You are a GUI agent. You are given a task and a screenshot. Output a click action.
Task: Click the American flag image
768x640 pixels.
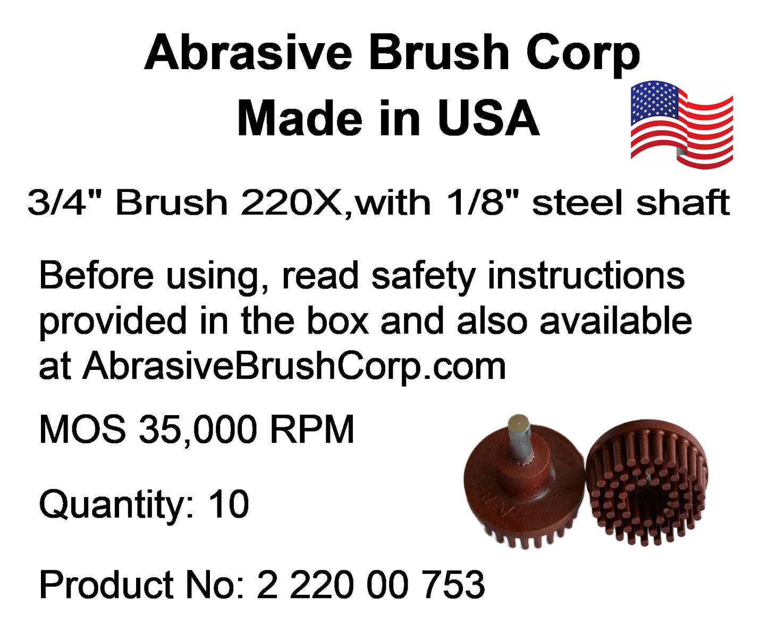(681, 124)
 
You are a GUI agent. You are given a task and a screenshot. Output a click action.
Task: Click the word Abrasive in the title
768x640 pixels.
(249, 53)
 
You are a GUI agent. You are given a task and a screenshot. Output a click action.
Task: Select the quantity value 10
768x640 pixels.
(229, 504)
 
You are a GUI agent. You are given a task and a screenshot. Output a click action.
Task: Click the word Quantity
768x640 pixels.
(116, 506)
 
